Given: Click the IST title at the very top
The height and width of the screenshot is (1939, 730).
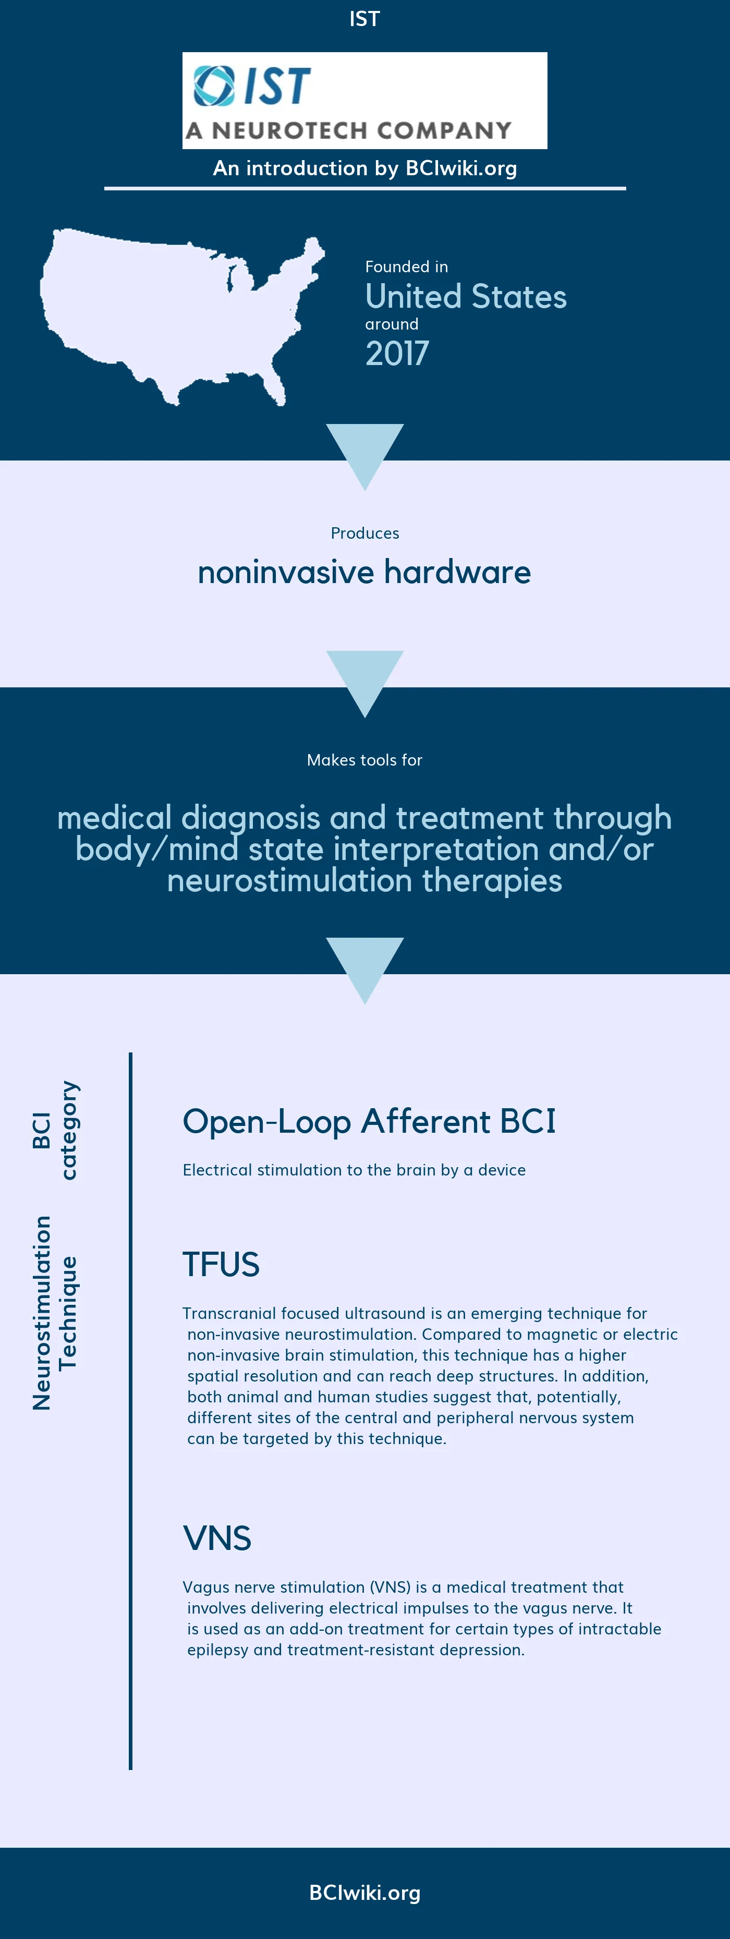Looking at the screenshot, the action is [364, 19].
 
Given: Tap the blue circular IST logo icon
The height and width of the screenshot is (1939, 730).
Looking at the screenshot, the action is [214, 86].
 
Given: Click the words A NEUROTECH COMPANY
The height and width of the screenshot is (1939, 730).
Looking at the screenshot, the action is [348, 130].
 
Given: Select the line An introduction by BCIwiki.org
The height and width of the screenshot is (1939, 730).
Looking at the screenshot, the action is [364, 168].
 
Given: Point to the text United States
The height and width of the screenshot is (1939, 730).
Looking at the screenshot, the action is [465, 297].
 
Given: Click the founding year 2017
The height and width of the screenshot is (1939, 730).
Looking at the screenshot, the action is [397, 353].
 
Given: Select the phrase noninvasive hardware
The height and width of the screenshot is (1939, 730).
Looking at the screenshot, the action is [364, 572].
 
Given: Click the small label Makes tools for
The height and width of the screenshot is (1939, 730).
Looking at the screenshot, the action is [364, 760].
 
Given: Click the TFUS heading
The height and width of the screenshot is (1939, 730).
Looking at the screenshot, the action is [221, 1265].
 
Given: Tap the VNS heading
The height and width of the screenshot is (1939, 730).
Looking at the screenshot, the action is [217, 1538].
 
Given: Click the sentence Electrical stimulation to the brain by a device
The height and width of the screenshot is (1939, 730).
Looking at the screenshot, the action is [354, 1170].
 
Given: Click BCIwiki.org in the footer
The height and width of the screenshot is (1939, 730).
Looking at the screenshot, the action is [364, 1893].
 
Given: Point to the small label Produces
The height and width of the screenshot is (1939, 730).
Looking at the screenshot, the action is [364, 533].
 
